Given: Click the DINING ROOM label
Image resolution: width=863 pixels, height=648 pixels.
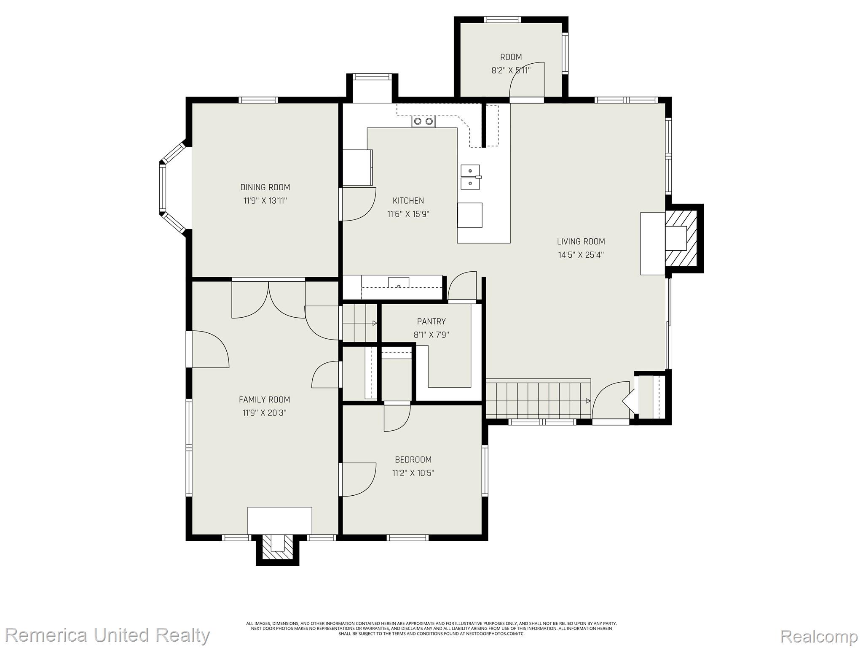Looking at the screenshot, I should click(x=265, y=187).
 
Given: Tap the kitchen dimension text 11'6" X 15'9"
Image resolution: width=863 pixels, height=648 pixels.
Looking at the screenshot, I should click(x=408, y=214).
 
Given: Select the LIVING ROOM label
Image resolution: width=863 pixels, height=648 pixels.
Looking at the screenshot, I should click(x=581, y=242).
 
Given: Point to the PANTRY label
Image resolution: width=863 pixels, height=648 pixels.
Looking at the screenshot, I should click(x=431, y=321).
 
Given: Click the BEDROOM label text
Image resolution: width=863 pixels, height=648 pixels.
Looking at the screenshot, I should click(x=413, y=459).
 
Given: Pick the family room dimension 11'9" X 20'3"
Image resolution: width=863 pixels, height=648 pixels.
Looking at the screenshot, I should click(x=264, y=413).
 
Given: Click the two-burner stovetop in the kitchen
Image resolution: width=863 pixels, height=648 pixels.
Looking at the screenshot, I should click(x=423, y=121).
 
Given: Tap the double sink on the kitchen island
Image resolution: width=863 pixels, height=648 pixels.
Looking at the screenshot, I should click(x=470, y=178).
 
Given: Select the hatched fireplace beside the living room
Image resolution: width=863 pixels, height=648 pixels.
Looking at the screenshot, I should click(x=682, y=238).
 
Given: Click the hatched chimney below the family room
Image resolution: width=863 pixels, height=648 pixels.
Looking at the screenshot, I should click(x=278, y=548).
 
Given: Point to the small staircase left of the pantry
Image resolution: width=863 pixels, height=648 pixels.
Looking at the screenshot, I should click(x=359, y=323).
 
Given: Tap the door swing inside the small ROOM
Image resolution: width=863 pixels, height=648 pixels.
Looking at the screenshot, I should click(x=527, y=80).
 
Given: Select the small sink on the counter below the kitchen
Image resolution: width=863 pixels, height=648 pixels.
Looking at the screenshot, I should click(x=399, y=282).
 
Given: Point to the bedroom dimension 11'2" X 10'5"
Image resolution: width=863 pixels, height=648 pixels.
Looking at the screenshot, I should click(x=413, y=473).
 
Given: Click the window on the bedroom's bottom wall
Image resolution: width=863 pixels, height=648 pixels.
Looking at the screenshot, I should click(x=407, y=537).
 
